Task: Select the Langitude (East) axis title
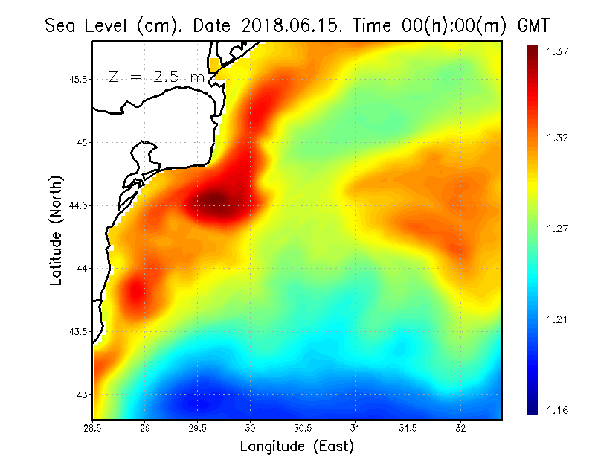coord(296,447)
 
